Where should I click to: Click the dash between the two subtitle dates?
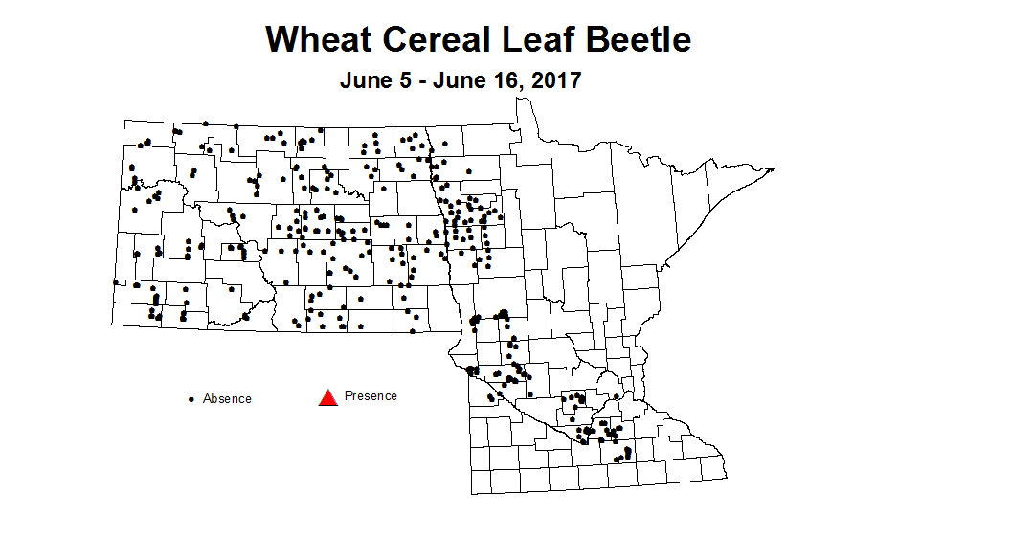[424, 81]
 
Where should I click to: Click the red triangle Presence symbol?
[328, 396]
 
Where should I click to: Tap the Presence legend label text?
[371, 395]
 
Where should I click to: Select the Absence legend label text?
[227, 398]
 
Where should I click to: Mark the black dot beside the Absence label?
[191, 398]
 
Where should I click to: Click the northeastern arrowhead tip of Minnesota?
[774, 168]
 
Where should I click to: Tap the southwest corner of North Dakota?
[113, 328]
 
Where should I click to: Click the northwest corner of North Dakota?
[124, 120]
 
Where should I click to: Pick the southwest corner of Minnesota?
[472, 494]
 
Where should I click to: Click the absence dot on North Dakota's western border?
[115, 282]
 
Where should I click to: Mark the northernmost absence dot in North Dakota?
[206, 123]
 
